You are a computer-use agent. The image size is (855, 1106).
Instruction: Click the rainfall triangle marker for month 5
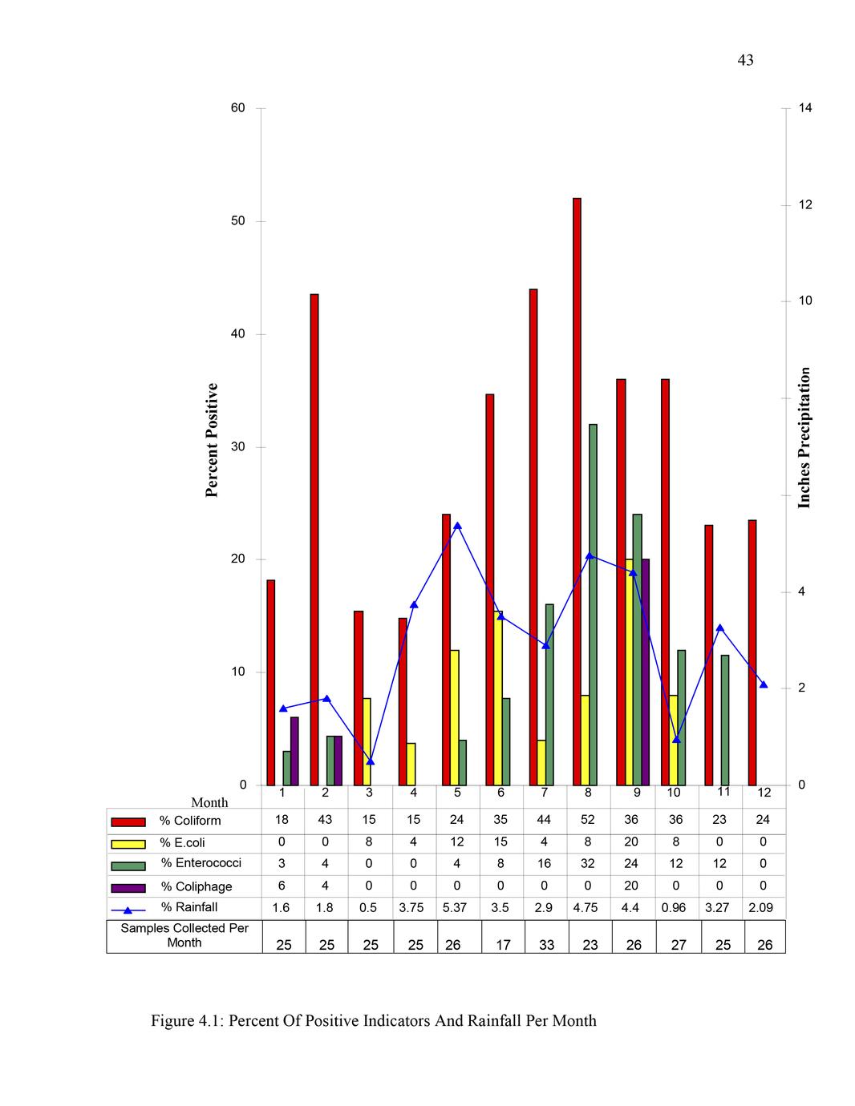pyautogui.click(x=457, y=526)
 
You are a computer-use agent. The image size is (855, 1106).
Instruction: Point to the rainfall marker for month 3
pyautogui.click(x=370, y=761)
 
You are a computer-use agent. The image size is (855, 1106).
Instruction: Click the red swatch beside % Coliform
pyautogui.click(x=128, y=821)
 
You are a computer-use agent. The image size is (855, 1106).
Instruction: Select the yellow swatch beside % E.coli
pyautogui.click(x=128, y=843)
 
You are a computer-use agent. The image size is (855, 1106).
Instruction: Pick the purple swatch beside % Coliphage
pyautogui.click(x=128, y=887)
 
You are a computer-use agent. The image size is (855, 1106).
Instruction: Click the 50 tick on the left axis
pyautogui.click(x=238, y=221)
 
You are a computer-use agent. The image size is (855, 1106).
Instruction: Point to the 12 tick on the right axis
pyautogui.click(x=805, y=205)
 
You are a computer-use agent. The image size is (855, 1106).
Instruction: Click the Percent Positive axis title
pyautogui.click(x=213, y=440)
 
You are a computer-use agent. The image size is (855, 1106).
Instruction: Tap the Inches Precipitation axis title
pyautogui.click(x=804, y=437)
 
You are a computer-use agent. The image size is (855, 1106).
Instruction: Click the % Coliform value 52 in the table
pyautogui.click(x=588, y=820)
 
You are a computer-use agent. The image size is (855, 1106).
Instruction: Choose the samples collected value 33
pyautogui.click(x=546, y=945)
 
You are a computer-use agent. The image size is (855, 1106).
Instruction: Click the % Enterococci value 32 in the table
pyautogui.click(x=588, y=864)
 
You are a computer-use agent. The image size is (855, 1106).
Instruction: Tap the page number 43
pyautogui.click(x=745, y=61)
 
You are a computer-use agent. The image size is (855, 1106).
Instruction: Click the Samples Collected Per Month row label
pyautogui.click(x=184, y=935)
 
